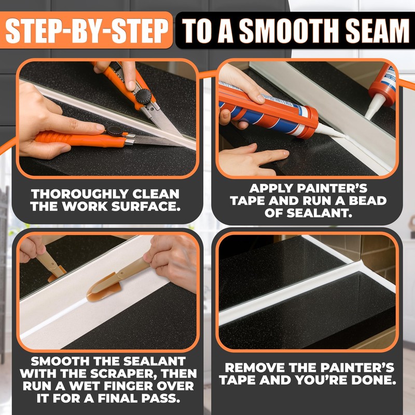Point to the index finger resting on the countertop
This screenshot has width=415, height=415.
[x=259, y=155]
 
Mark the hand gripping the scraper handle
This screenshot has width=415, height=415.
[x=169, y=257]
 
